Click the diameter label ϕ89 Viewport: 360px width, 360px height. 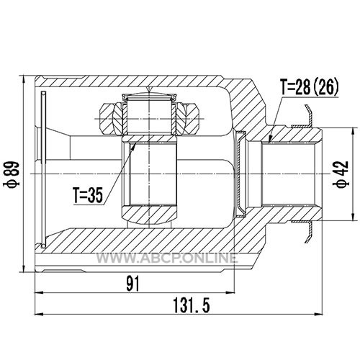pyautogui.click(x=11, y=174)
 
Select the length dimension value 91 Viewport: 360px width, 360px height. pyautogui.click(x=133, y=284)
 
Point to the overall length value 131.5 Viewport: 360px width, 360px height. pyautogui.click(x=192, y=305)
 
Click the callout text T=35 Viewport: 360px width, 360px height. pyautogui.click(x=88, y=195)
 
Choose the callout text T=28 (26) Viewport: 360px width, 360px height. pyautogui.click(x=310, y=87)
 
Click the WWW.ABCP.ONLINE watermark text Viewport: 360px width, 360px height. pyautogui.click(x=167, y=258)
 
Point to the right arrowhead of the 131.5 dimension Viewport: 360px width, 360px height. pyautogui.click(x=318, y=314)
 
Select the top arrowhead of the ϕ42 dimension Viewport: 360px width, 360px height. pyautogui.click(x=352, y=132)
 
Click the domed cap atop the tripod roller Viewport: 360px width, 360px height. pyautogui.click(x=150, y=96)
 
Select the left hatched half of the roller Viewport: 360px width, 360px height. pyautogui.click(x=112, y=119)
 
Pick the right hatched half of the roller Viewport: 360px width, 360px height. pyautogui.click(x=188, y=119)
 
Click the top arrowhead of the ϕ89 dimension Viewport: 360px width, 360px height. pyautogui.click(x=23, y=80)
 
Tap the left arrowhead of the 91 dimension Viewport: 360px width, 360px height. pyautogui.click(x=40, y=292)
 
